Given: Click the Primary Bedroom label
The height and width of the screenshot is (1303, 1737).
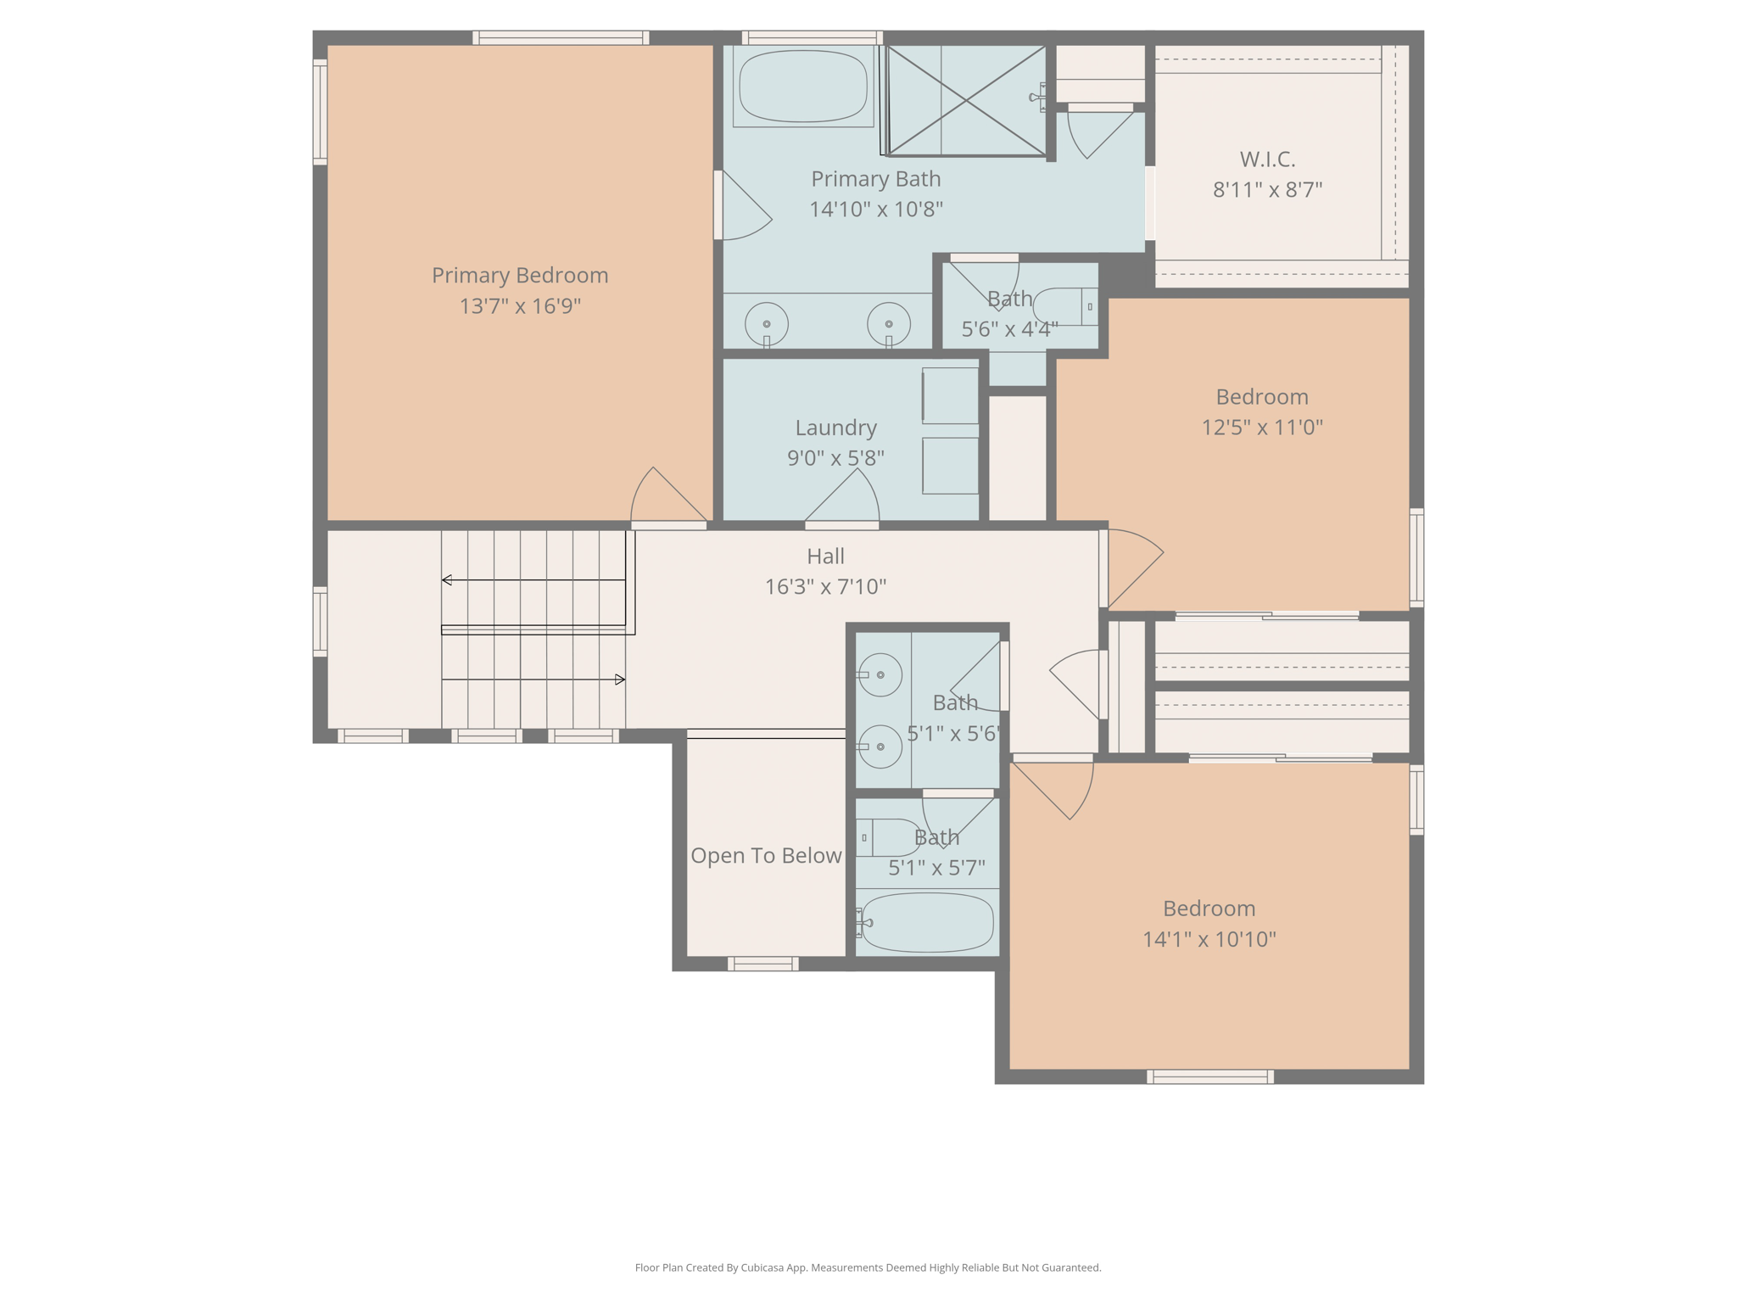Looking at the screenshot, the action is tap(520, 276).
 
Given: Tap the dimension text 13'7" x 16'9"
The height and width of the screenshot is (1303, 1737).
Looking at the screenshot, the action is tap(520, 305).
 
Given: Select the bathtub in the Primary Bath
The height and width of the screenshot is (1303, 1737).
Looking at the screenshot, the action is tap(803, 87).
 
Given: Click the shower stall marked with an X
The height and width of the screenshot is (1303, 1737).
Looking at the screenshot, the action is tap(966, 101).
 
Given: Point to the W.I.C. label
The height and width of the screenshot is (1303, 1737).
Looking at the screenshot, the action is tap(1267, 159).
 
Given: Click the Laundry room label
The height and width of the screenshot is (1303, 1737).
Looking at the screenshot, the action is tap(835, 428).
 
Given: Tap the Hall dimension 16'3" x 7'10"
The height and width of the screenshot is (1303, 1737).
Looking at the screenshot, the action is tap(825, 586).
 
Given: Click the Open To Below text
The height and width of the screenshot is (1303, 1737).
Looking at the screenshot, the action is tap(766, 855).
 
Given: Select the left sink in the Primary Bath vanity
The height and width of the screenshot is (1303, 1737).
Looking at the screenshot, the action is tap(767, 324).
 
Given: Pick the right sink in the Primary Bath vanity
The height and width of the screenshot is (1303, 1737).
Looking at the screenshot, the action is tap(889, 324).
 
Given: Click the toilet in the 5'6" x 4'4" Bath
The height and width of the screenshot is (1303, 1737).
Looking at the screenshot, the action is tap(1065, 306).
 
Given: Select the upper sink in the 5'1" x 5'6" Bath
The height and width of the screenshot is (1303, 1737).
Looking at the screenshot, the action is tap(880, 674).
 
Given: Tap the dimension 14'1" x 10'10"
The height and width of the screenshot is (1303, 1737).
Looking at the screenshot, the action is tap(1209, 939).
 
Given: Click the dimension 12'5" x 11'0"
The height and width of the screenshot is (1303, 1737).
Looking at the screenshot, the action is tap(1262, 427).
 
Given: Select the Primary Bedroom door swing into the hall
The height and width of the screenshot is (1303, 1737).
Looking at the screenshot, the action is tap(669, 495).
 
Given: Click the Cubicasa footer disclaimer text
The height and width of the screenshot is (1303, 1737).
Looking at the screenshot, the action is tap(868, 1267).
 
